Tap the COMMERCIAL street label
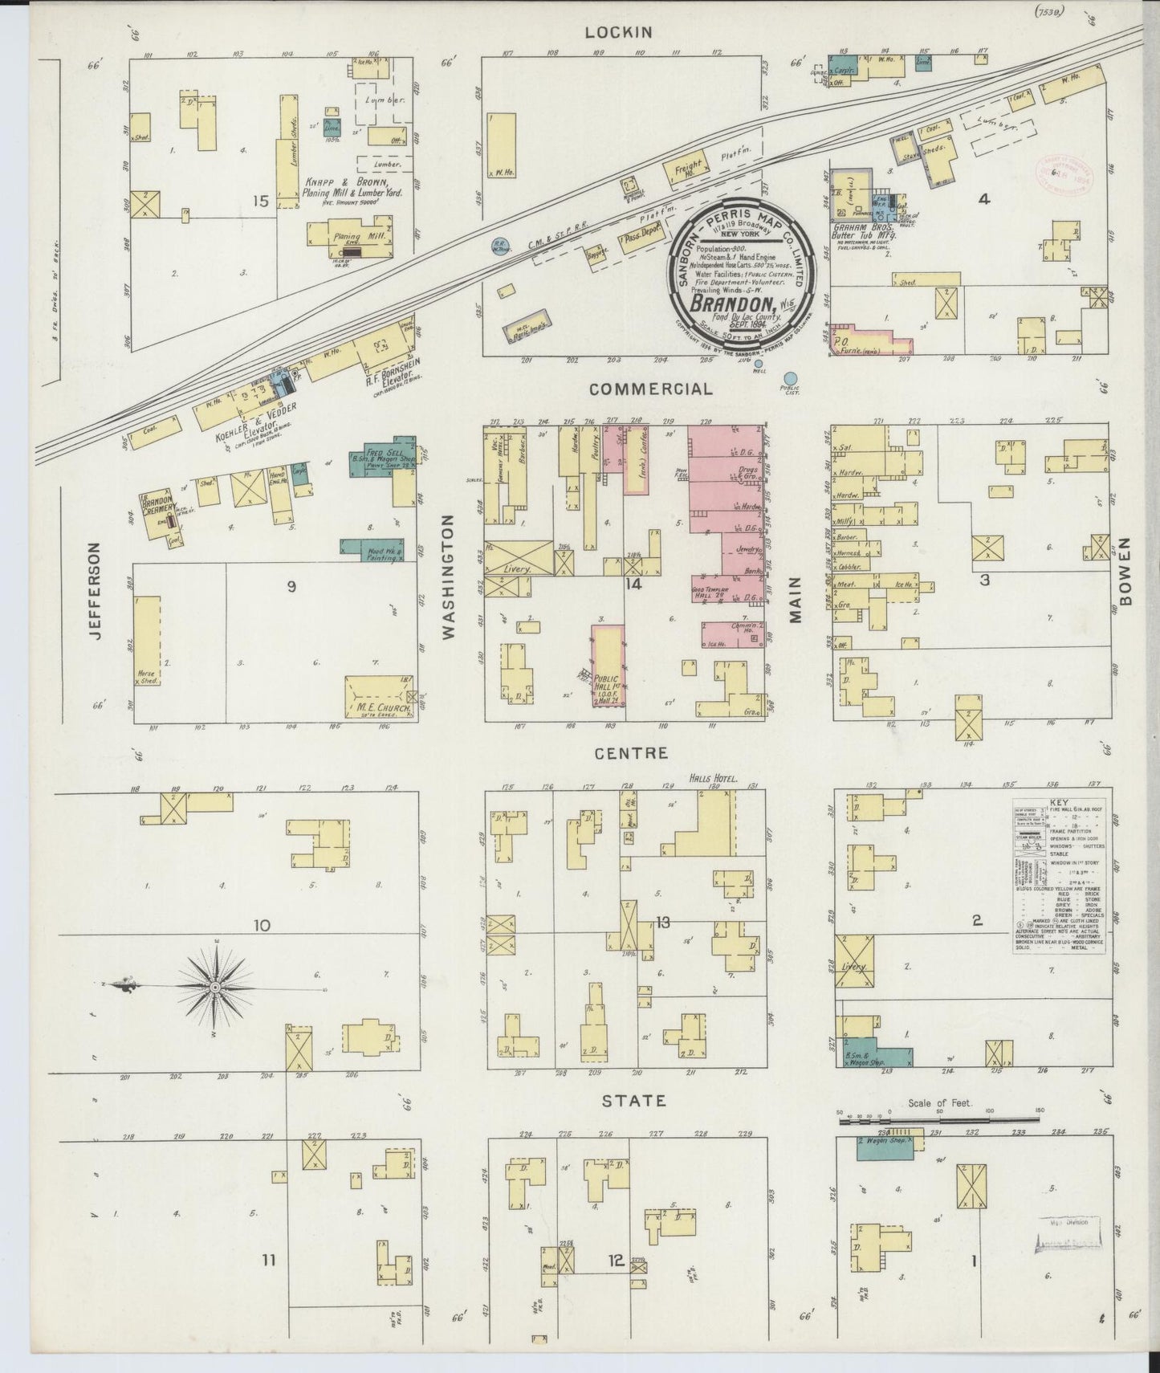click(650, 389)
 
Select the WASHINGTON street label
click(448, 576)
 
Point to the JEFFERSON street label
click(96, 590)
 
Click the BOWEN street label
click(1125, 572)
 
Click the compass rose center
click(214, 986)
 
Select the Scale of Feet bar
click(939, 1117)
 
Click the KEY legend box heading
click(1059, 801)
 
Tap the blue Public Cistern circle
click(791, 377)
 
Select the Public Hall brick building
click(608, 666)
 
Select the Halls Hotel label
click(712, 778)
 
